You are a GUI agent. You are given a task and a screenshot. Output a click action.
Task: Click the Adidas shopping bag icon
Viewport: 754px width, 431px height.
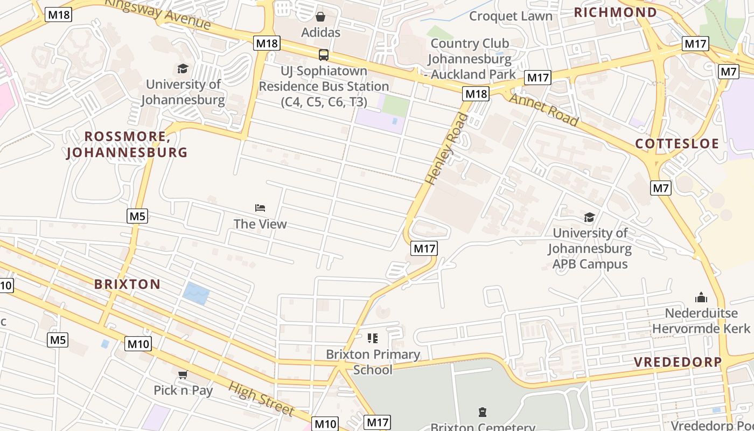[320, 17]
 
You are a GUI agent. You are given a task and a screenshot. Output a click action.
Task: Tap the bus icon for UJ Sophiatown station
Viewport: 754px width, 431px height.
[323, 54]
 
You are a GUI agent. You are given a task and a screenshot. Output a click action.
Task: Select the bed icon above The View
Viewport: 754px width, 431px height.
[260, 208]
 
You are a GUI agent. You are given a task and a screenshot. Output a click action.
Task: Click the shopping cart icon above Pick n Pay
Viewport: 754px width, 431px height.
[183, 374]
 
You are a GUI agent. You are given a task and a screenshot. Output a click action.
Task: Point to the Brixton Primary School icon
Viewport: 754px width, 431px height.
[373, 338]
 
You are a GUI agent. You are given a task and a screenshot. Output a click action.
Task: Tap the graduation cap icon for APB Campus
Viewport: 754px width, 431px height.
[590, 217]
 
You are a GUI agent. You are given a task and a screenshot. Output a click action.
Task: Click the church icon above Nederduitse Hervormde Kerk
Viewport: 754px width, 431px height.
[701, 297]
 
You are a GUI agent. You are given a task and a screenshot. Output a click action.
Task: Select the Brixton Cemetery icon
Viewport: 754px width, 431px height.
[482, 412]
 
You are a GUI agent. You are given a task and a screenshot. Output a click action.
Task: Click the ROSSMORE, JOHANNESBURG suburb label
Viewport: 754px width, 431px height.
[127, 144]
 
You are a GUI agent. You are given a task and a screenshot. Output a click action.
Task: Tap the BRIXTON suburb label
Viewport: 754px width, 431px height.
[127, 284]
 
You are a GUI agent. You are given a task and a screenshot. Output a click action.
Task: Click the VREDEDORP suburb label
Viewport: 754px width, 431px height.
[677, 362]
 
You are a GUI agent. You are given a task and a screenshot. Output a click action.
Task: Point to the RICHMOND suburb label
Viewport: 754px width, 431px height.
[615, 12]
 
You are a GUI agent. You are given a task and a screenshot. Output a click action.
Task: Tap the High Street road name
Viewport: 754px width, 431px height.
[262, 399]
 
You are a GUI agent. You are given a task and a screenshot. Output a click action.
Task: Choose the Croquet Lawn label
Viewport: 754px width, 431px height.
[511, 16]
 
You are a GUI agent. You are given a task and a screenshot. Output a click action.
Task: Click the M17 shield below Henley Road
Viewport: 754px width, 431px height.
[424, 248]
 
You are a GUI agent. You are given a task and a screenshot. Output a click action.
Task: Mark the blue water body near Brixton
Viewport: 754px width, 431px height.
[196, 294]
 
